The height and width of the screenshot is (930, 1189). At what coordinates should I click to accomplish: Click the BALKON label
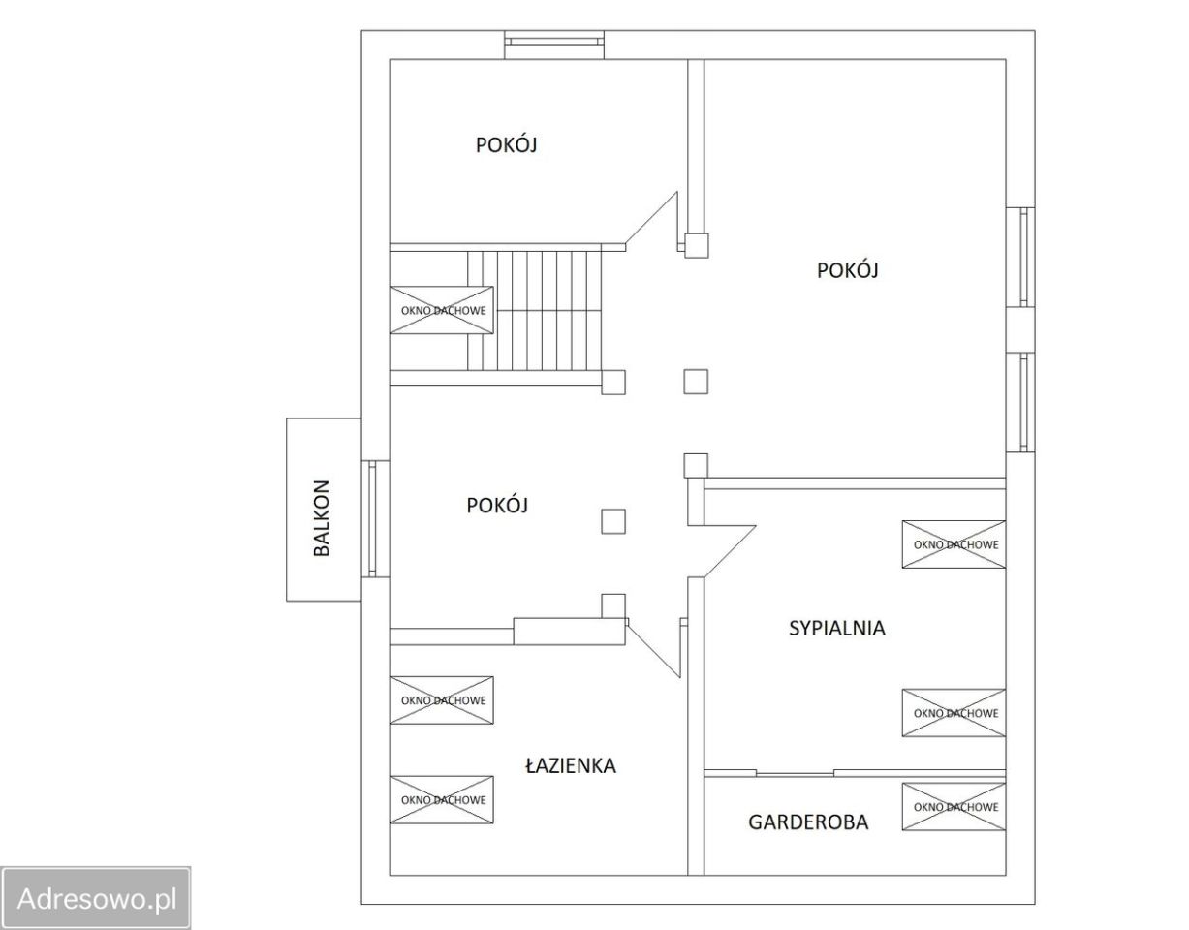pyautogui.click(x=322, y=518)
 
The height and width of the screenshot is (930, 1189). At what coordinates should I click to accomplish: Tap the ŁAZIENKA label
pyautogui.click(x=571, y=766)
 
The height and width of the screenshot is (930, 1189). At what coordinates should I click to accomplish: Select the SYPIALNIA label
pyautogui.click(x=836, y=628)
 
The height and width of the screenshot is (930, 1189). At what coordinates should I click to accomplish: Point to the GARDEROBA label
pyautogui.click(x=808, y=822)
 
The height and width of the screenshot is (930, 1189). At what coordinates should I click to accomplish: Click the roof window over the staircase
pyautogui.click(x=442, y=310)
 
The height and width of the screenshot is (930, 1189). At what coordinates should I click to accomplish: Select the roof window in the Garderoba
pyautogui.click(x=954, y=807)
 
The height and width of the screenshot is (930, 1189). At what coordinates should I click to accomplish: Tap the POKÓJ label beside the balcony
pyautogui.click(x=497, y=506)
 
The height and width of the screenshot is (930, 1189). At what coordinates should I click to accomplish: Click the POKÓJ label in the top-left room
pyautogui.click(x=506, y=145)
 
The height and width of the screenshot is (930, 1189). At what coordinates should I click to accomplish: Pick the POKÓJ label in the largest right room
pyautogui.click(x=848, y=270)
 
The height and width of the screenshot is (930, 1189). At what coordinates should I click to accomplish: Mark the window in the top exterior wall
pyautogui.click(x=554, y=45)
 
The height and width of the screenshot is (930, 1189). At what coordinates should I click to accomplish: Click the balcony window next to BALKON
pyautogui.click(x=375, y=519)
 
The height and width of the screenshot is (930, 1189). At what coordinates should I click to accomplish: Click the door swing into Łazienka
pyautogui.click(x=654, y=648)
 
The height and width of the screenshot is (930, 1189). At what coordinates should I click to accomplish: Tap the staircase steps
pyautogui.click(x=535, y=311)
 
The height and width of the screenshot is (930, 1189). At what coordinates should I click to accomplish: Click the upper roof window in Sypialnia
pyautogui.click(x=954, y=544)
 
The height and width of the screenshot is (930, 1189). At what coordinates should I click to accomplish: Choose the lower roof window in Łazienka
pyautogui.click(x=442, y=800)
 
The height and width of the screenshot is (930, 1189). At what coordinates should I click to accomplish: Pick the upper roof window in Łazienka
pyautogui.click(x=442, y=700)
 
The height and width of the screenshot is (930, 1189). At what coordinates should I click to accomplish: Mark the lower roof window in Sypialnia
pyautogui.click(x=954, y=713)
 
